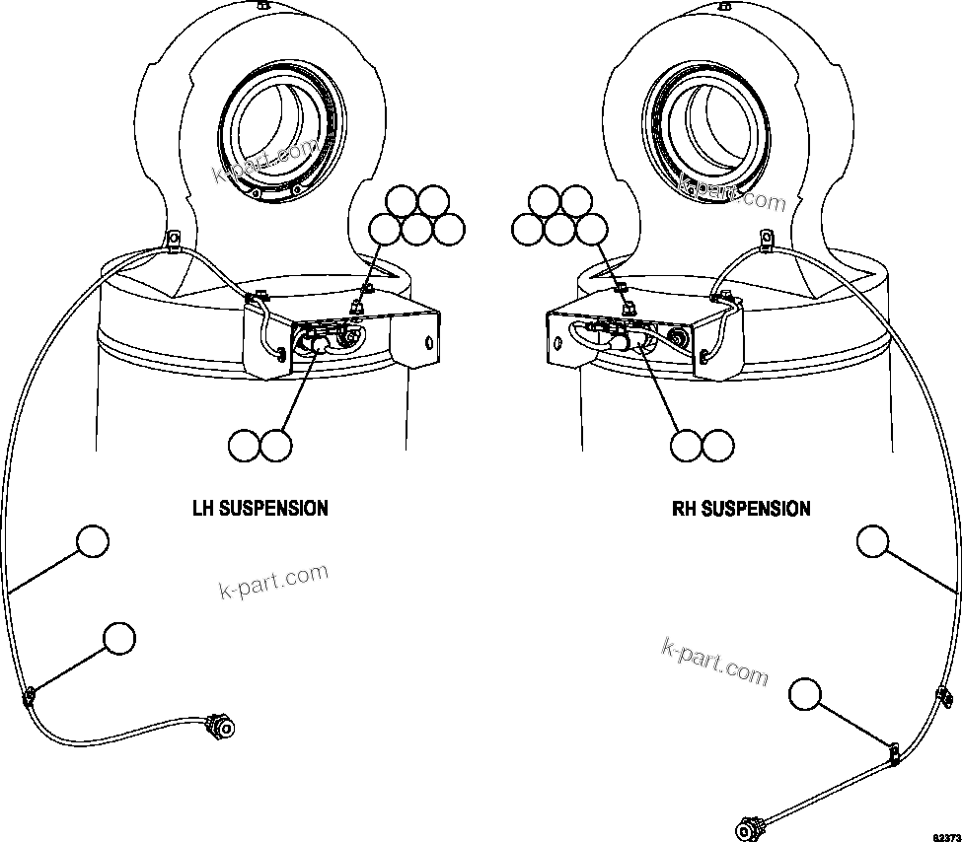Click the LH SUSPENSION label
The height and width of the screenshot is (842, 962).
pos(259,509)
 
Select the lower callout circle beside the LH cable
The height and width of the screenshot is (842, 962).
pos(119,638)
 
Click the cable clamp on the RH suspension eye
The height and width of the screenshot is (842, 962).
pos(767,238)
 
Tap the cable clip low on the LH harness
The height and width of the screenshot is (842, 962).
pos(30,696)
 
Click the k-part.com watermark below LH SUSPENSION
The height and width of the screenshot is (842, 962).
pos(272,582)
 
